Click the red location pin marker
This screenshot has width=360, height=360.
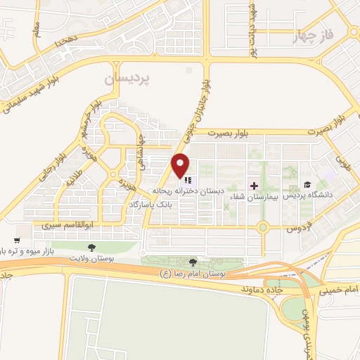(x=181, y=165)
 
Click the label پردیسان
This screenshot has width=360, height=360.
(x=114, y=79)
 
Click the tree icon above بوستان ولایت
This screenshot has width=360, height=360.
(x=91, y=247)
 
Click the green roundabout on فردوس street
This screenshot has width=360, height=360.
(x=263, y=227)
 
